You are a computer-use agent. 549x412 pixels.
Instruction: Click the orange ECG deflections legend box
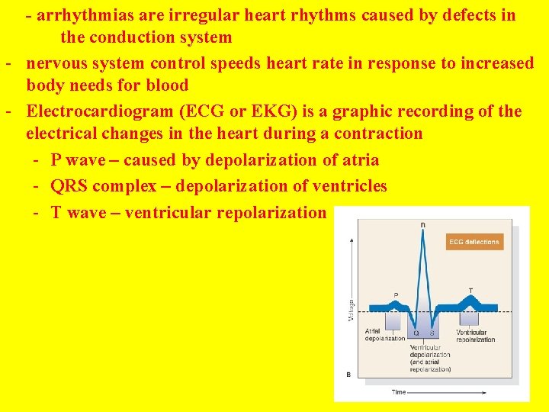[474, 242]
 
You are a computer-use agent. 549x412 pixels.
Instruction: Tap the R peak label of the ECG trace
[423, 224]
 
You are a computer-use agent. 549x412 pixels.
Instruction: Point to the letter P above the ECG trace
[395, 295]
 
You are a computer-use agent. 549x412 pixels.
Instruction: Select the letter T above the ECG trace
[470, 291]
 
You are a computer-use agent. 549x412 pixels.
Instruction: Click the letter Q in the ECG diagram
[416, 333]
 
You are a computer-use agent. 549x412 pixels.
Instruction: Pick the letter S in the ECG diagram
[432, 333]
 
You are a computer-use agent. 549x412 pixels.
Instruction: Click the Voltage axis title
[351, 307]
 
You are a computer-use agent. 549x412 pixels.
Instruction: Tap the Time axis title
[399, 392]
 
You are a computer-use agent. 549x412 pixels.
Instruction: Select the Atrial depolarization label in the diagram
[384, 335]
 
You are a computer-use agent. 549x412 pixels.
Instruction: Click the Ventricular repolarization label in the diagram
[476, 336]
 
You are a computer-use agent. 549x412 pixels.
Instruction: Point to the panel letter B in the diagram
[348, 375]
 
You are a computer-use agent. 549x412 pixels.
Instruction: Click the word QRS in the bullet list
[70, 186]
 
